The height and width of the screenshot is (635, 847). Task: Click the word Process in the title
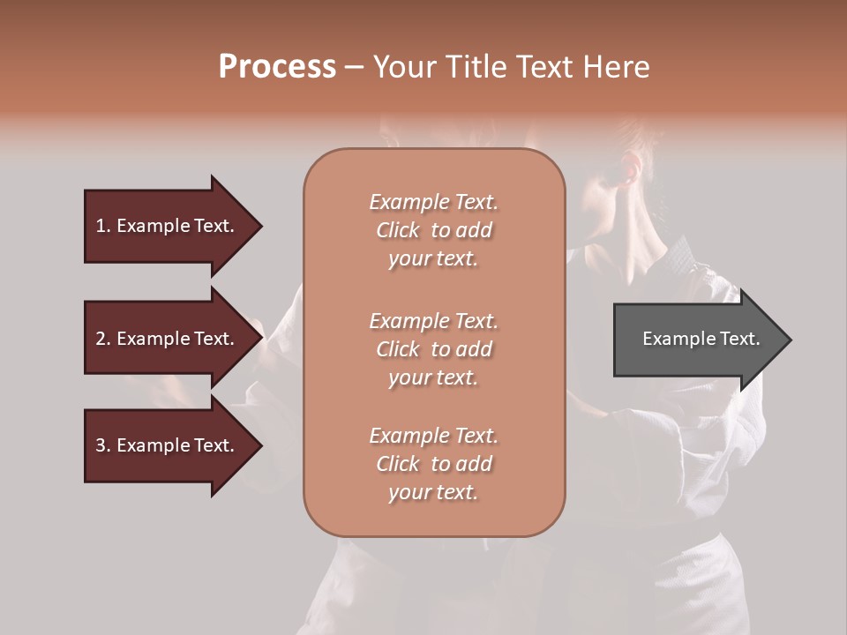tap(277, 67)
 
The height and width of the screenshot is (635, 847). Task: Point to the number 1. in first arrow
tap(103, 226)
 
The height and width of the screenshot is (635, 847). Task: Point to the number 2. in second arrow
tap(103, 339)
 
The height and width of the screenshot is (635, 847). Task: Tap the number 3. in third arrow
tap(103, 445)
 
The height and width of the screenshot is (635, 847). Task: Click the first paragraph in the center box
tap(433, 230)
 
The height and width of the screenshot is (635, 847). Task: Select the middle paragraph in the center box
tap(433, 349)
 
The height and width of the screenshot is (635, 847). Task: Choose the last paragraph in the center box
tap(433, 464)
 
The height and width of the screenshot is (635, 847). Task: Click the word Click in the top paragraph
tap(398, 230)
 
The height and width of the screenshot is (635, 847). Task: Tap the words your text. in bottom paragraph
tap(433, 492)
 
